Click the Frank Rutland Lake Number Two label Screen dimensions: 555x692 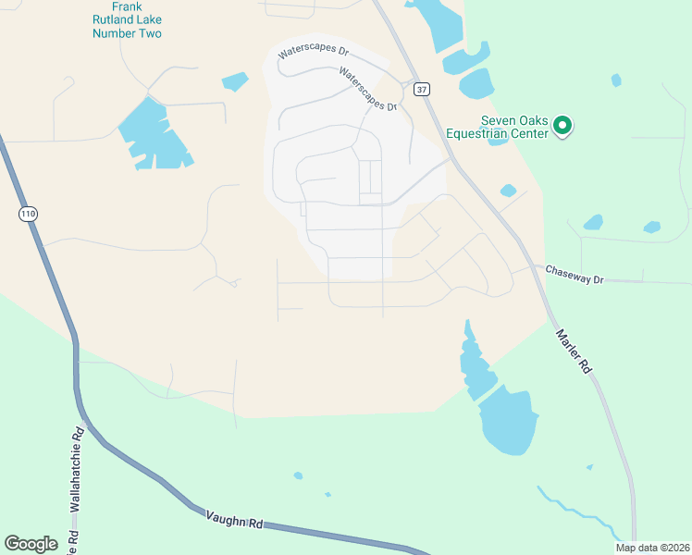[127, 20]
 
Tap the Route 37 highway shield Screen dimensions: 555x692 [422, 89]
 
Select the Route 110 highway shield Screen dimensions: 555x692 [28, 214]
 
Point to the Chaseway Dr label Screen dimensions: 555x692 [574, 274]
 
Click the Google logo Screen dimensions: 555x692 [31, 544]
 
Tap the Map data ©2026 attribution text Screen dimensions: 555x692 [652, 548]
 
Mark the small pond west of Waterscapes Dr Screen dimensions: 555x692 [235, 81]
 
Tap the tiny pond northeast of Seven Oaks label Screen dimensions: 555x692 [616, 80]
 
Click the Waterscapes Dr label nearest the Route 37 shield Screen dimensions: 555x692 [367, 89]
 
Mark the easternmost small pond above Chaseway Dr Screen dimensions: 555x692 [652, 227]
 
